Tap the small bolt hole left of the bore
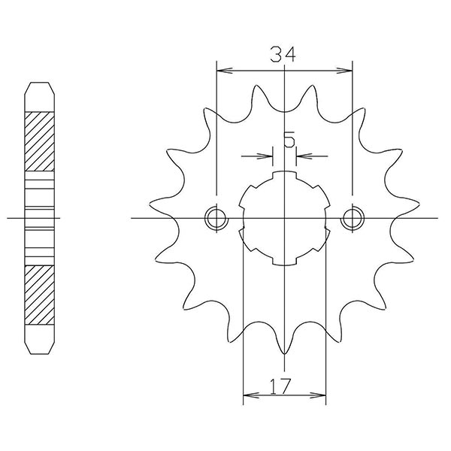tap(216, 218)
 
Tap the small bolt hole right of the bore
tap(351, 218)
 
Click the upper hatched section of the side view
tap(41, 141)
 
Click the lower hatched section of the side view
tap(41, 294)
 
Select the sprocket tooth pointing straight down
tap(284, 350)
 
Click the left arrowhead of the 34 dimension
tap(221, 71)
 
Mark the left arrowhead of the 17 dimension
tap(247, 393)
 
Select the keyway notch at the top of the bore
tap(284, 177)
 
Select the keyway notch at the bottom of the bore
tap(284, 259)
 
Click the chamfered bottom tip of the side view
tap(41, 348)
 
